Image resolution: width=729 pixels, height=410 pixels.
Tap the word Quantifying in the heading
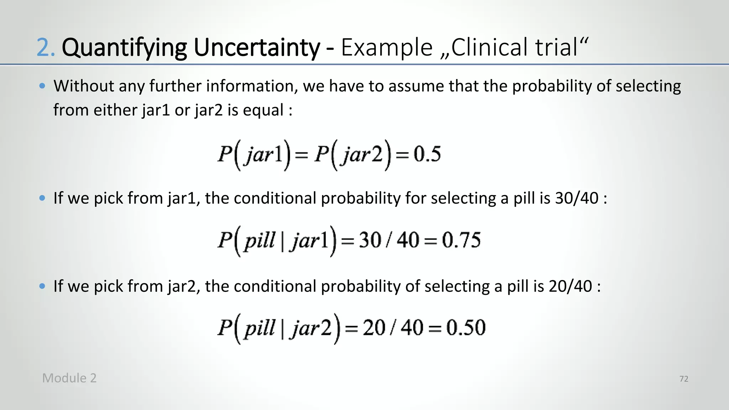coord(124,48)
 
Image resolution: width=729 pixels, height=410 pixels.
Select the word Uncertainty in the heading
coord(257,48)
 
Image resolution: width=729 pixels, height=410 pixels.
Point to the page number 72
coord(684,379)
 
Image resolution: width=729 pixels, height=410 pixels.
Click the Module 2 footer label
coord(69,378)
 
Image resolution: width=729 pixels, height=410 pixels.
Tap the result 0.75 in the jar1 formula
coord(461,240)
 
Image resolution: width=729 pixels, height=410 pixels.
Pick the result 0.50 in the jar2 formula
coord(466,328)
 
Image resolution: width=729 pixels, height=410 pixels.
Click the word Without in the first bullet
coord(84,86)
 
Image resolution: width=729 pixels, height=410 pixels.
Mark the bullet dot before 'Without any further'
coord(42,86)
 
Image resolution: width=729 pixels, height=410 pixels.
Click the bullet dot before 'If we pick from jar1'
coord(42,198)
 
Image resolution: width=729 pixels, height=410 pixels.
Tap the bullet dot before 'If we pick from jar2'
coord(42,286)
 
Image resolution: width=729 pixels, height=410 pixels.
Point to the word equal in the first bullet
coord(263,110)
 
